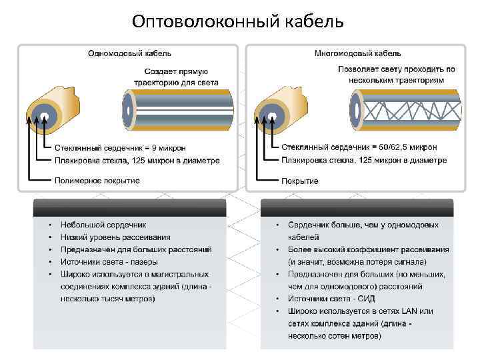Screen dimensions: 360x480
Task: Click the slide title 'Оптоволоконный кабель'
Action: (238, 22)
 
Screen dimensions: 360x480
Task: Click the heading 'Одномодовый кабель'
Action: (130, 53)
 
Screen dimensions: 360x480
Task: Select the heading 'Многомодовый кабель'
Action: (357, 53)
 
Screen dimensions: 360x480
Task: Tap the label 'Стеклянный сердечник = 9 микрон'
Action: (120, 147)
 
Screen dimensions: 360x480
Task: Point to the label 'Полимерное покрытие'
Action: (97, 181)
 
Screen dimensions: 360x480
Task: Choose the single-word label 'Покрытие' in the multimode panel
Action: (300, 181)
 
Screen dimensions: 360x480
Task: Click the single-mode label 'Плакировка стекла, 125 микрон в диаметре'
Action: (137, 160)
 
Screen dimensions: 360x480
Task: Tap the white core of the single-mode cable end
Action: (45, 118)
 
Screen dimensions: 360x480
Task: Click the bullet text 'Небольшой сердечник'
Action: (103, 225)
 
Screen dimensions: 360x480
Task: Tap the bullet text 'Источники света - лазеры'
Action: (109, 262)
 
